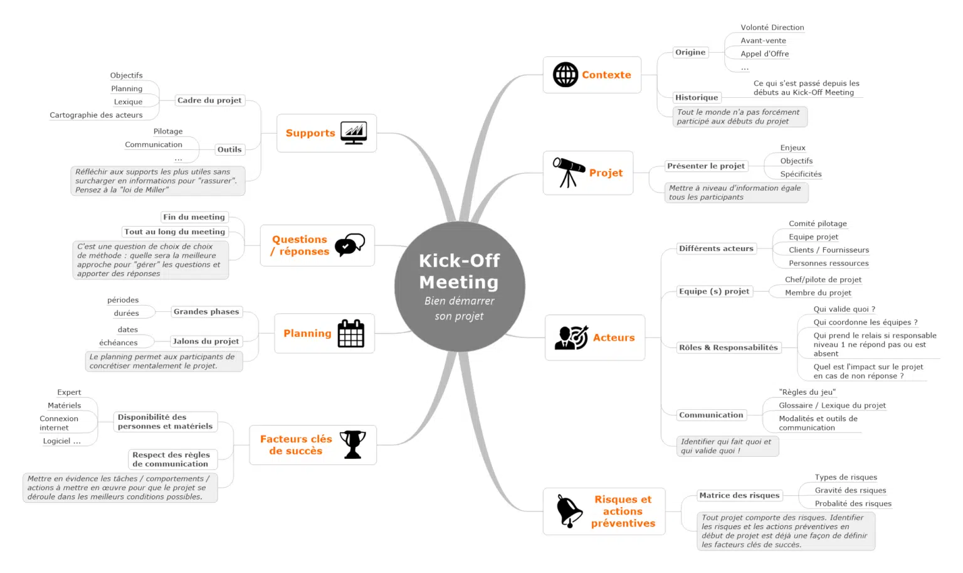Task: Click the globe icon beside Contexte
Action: point(566,75)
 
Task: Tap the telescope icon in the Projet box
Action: point(569,172)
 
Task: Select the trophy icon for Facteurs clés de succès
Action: point(352,444)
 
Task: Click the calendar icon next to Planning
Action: point(351,333)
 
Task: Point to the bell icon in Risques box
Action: point(569,511)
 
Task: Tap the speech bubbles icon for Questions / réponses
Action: point(350,245)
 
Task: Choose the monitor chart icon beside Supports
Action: point(354,132)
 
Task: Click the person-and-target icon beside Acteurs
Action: point(571,338)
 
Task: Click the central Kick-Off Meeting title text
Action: point(459,271)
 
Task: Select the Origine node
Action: point(690,52)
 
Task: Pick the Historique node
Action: point(697,97)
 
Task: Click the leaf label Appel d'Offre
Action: point(764,54)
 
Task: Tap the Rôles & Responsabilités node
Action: point(729,348)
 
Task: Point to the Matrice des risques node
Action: point(739,495)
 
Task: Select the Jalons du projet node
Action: point(206,341)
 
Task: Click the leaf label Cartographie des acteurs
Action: point(96,115)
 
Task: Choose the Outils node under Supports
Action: point(229,149)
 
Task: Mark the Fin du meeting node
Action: point(194,217)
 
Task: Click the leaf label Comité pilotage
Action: point(818,223)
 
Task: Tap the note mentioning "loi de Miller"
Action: point(158,181)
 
